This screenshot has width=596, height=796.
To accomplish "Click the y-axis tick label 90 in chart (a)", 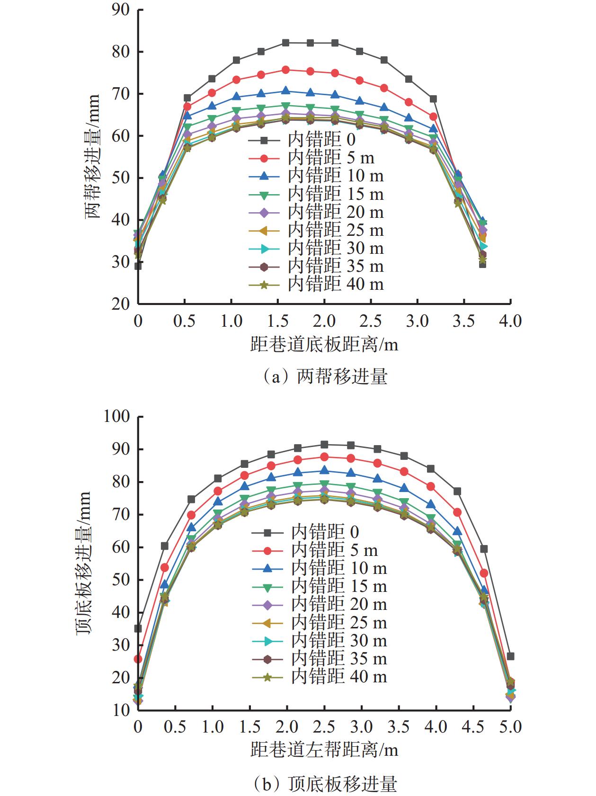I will [121, 9].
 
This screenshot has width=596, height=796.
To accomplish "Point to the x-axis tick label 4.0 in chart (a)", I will [510, 321].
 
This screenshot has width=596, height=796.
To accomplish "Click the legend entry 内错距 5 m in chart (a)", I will [331, 158].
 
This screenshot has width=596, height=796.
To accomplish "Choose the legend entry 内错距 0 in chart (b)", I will [325, 532].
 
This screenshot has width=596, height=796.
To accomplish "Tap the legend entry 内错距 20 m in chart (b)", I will [338, 605].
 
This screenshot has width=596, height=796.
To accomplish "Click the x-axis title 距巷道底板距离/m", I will [324, 344].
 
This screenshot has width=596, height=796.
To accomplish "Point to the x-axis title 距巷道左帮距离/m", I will [324, 749].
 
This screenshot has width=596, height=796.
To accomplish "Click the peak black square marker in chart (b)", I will [324, 445].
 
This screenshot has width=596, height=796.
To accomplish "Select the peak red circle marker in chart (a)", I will [285, 70].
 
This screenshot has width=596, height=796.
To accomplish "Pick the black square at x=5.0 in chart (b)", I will [510, 656].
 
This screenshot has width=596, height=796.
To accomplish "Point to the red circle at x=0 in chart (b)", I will [138, 659].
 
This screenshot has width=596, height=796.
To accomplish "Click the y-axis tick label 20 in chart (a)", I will [121, 304].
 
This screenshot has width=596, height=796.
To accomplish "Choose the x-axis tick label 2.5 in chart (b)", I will [324, 726].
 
